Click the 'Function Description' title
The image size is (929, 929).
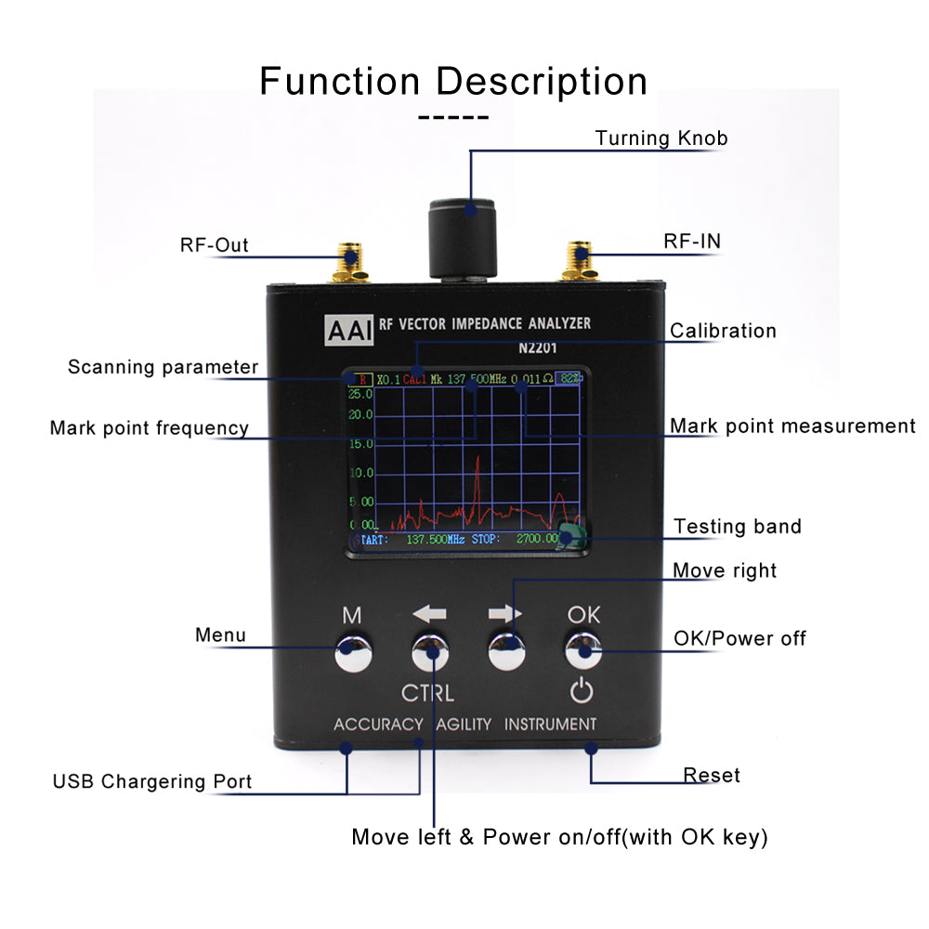click(453, 82)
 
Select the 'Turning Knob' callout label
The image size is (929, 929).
click(661, 138)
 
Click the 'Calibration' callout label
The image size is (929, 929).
click(723, 331)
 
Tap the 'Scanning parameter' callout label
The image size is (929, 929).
click(163, 367)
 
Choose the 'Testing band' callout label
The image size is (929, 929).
click(737, 527)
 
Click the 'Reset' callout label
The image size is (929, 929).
click(712, 775)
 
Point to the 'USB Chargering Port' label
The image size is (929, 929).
click(152, 781)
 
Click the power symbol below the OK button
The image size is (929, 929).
click(582, 691)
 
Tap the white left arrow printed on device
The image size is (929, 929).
click(429, 614)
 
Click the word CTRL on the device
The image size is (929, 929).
click(427, 693)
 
